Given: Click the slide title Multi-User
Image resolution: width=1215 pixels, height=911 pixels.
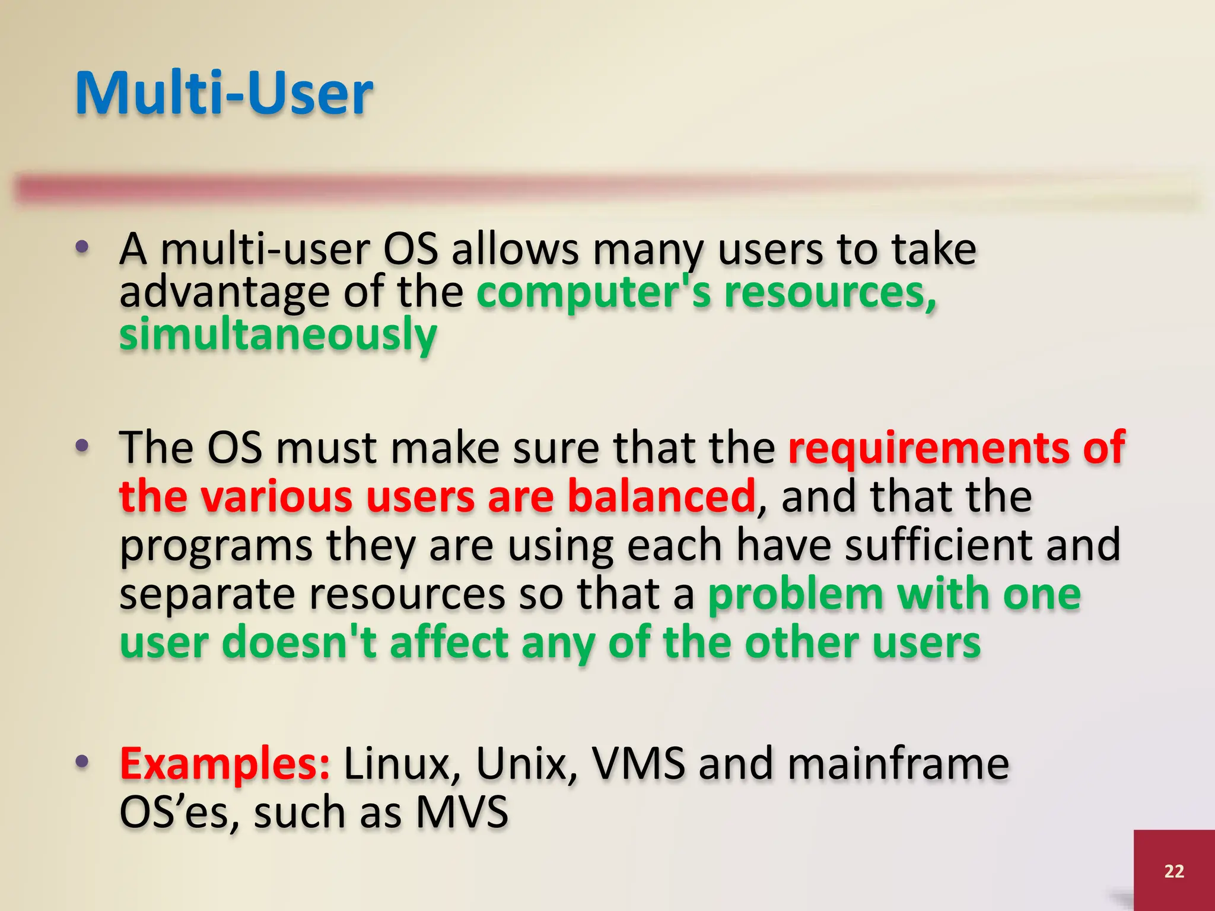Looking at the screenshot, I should pos(224,94).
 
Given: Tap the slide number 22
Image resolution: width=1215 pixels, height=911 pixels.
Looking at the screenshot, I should pos(1174,871).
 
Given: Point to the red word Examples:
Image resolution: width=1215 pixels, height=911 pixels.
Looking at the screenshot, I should pos(225,765).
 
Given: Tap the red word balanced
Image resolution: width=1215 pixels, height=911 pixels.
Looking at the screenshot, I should pos(661,497).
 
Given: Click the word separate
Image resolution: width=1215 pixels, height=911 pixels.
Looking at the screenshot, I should pos(207,594).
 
